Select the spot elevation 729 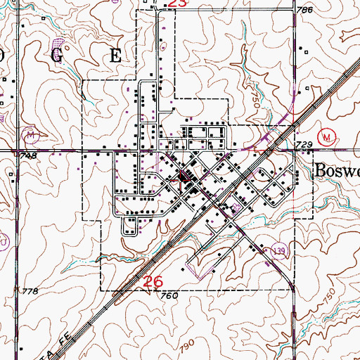pyautogui.click(x=304, y=144)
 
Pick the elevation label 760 pyautogui.click(x=169, y=296)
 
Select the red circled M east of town pyautogui.click(x=325, y=136)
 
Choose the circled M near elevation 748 pyautogui.click(x=31, y=133)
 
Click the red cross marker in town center pyautogui.click(x=182, y=179)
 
